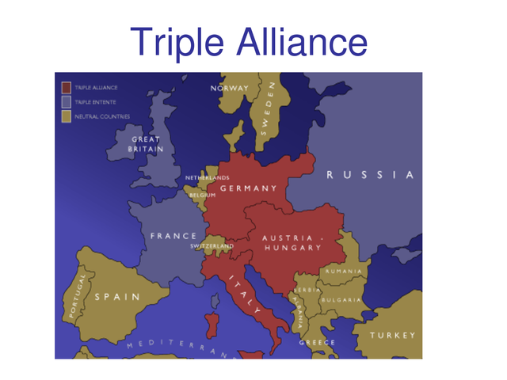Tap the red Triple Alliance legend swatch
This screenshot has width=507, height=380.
point(67,87)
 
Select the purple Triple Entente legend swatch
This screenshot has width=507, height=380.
point(67,101)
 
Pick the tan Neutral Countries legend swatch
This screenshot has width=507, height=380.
point(67,116)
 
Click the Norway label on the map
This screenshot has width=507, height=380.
point(230,88)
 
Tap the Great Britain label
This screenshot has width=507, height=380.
point(146,144)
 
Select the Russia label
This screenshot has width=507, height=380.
point(371,175)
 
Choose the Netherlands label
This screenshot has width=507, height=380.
point(207,177)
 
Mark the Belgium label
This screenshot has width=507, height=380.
point(203,195)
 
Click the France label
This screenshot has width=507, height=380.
point(173,236)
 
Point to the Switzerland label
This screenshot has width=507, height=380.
point(212,246)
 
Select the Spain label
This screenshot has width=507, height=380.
point(116,297)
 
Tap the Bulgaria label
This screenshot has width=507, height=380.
point(341,300)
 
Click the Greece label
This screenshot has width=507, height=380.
point(317,342)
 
